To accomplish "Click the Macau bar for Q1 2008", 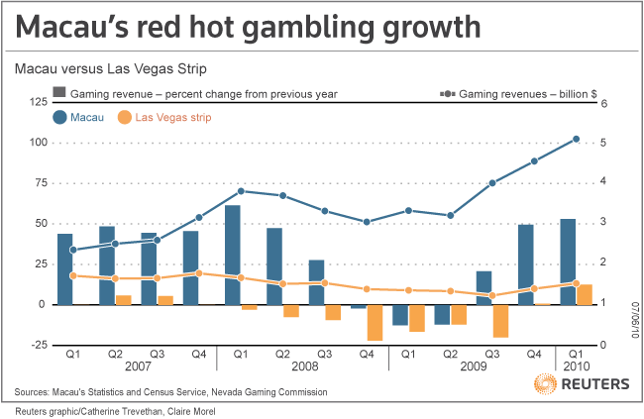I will pos(233,255).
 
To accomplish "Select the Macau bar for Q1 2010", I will pos(568,262).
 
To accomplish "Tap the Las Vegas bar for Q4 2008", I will pos(375,322).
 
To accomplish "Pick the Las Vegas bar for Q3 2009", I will pos(500,320).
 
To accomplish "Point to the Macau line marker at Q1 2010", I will pos(577,140).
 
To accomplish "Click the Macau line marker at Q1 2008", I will pos(241,190).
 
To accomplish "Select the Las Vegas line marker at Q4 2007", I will pos(199,273).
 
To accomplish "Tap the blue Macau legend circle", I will pos(61,118).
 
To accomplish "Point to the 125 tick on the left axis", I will pos(36,102).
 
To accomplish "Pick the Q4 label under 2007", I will pos(198,353).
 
